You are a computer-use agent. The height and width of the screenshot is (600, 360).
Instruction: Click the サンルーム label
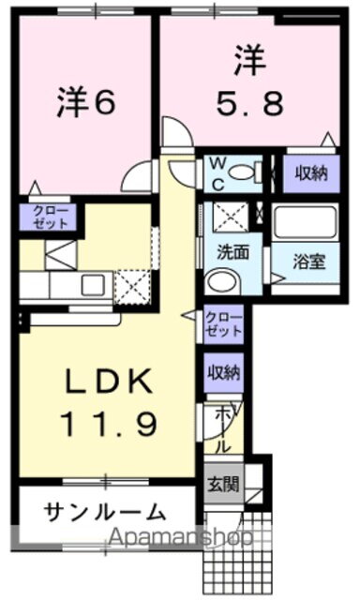pos(105,513)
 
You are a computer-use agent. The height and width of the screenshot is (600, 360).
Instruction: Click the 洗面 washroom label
pos(233,251)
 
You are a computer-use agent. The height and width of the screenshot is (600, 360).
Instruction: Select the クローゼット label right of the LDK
pos(224,324)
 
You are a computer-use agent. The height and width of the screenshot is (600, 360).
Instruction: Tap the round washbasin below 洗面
pos(223,280)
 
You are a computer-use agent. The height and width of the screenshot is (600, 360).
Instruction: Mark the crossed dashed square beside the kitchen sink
pos(132,283)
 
